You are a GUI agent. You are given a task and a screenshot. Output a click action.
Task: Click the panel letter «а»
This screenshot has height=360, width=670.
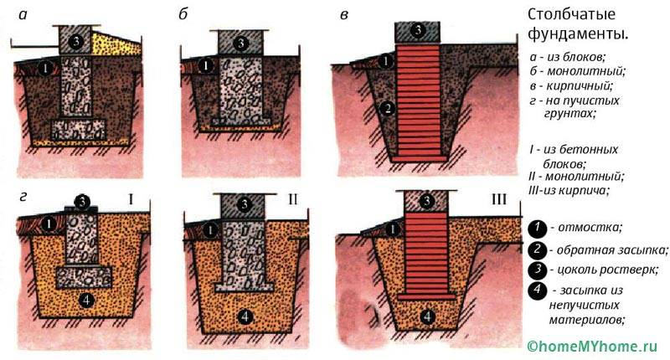click(23, 15)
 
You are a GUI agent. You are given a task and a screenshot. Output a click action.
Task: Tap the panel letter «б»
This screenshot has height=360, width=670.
click(183, 15)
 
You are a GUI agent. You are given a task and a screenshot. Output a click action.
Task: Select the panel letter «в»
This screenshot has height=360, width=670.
click(344, 15)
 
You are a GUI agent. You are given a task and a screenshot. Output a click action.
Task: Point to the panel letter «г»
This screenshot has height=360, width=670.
click(23, 197)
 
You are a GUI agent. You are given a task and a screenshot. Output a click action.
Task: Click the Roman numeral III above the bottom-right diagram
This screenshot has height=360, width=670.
click(498, 199)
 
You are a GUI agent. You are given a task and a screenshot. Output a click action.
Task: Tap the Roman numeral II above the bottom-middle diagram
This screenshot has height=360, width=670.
click(292, 199)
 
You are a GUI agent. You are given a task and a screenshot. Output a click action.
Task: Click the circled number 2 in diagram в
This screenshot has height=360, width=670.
click(387, 109)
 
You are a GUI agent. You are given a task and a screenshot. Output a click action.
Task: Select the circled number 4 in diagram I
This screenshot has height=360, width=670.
click(86, 301)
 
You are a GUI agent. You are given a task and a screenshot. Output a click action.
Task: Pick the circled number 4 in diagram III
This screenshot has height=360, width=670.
click(427, 316)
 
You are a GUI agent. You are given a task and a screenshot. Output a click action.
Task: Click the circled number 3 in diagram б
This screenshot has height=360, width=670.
click(241, 44)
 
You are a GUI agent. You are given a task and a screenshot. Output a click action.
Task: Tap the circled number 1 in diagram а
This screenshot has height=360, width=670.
click(45, 68)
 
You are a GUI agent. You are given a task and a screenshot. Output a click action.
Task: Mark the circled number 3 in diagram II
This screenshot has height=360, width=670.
click(245, 204)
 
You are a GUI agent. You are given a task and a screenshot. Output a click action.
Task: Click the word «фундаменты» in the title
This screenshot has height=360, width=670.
click(578, 34)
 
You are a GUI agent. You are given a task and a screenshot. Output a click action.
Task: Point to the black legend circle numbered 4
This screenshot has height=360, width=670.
click(537, 291)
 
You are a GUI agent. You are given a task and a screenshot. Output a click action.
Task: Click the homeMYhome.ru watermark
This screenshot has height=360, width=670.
click(592, 347)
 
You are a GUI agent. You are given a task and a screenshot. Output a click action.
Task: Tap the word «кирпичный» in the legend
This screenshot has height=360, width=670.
click(580, 86)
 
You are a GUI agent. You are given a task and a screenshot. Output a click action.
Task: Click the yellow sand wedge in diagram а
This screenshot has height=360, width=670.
click(116, 44)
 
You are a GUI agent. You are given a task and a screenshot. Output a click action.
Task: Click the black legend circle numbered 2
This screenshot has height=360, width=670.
click(537, 249)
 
